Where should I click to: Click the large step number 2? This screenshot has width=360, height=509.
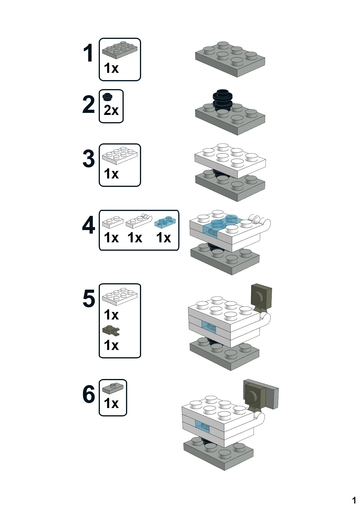(x=88, y=104)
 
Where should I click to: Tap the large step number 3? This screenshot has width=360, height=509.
(x=89, y=159)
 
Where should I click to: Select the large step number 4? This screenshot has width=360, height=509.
(x=89, y=225)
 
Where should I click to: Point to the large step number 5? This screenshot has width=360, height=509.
(x=89, y=299)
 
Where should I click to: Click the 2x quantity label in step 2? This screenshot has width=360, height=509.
(x=111, y=110)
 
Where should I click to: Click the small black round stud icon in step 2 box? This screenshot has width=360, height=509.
(x=108, y=97)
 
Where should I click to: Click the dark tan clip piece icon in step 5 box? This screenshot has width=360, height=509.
(x=111, y=330)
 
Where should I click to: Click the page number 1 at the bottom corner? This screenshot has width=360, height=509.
(x=354, y=500)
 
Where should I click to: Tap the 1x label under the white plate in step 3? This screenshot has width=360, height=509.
(x=111, y=174)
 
